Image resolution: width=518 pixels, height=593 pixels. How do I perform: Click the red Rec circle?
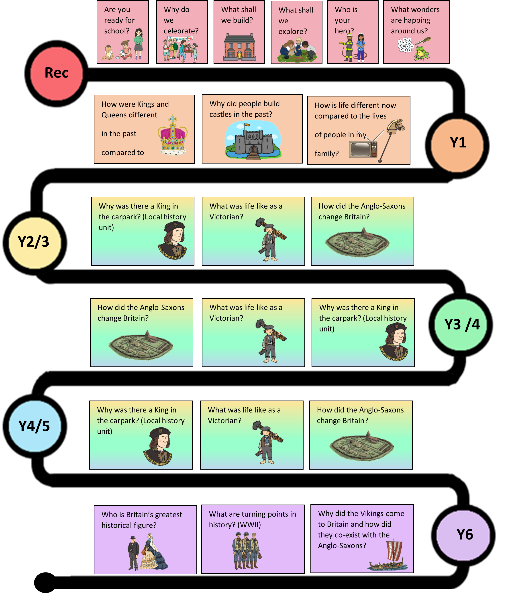tap(56, 74)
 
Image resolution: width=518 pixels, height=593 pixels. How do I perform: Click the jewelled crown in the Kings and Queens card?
tap(173, 135)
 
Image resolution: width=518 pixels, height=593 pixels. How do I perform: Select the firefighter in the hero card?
tap(348, 47)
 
